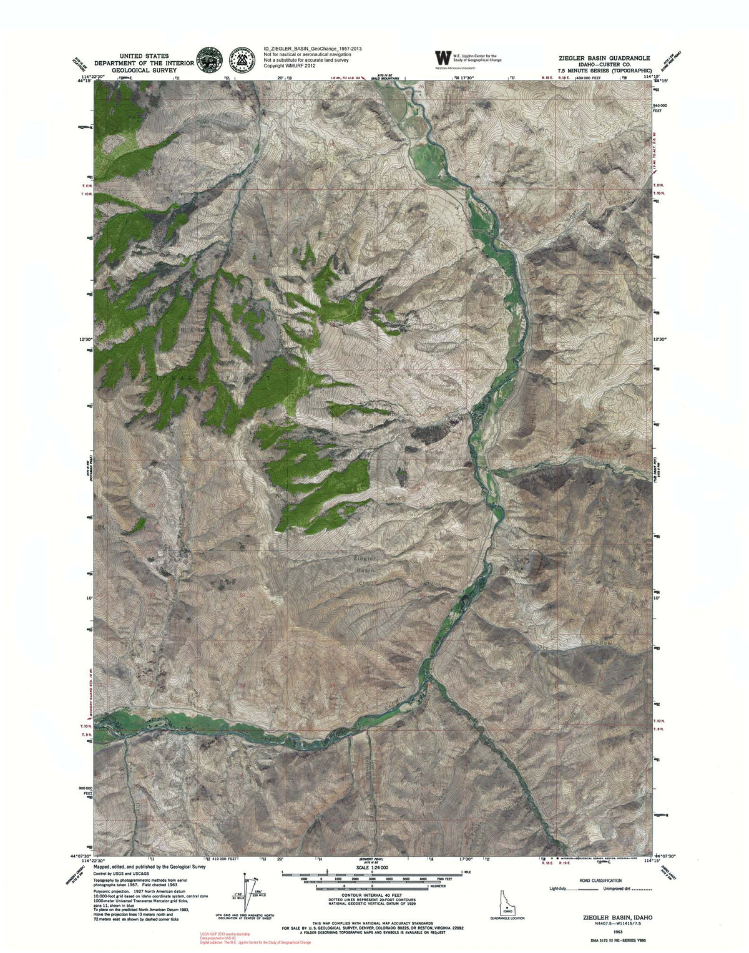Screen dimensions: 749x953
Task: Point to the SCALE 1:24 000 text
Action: pyautogui.click(x=371, y=867)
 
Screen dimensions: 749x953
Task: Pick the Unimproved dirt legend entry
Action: pyautogui.click(x=631, y=889)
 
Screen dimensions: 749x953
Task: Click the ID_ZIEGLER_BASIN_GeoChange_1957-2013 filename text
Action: pyautogui.click(x=313, y=48)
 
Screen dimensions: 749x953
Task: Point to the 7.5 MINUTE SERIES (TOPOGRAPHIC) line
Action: pyautogui.click(x=601, y=72)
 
